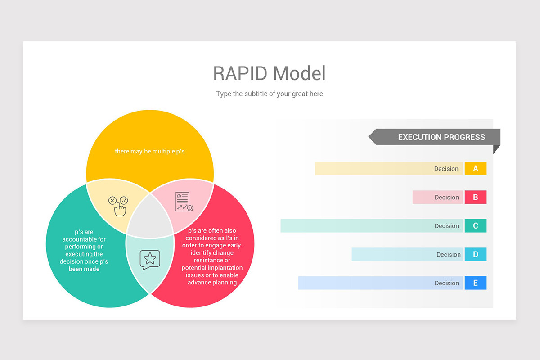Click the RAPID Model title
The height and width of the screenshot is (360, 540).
tap(269, 73)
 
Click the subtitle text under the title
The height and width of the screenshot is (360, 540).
tap(269, 94)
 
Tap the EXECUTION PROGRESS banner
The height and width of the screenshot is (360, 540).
tap(441, 137)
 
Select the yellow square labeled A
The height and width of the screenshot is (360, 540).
tap(476, 169)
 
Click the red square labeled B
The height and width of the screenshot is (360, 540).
tap(476, 197)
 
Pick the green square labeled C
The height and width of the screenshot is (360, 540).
tap(476, 226)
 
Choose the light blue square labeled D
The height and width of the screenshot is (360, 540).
tap(476, 254)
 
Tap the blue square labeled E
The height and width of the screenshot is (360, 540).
tap(476, 283)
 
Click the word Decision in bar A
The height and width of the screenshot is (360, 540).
tap(446, 169)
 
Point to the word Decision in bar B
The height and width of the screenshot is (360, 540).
tap(446, 197)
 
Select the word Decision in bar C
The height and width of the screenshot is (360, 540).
tap(446, 226)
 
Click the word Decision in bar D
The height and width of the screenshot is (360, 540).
tap(448, 254)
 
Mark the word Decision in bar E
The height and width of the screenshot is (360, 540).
tap(446, 283)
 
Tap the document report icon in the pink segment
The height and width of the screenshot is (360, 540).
tap(184, 202)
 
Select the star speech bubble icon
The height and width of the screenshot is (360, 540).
tap(150, 259)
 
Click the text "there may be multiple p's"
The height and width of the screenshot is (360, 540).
tap(149, 151)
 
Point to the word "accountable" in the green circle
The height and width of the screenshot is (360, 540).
tap(84, 239)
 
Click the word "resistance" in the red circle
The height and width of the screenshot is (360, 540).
tap(212, 260)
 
